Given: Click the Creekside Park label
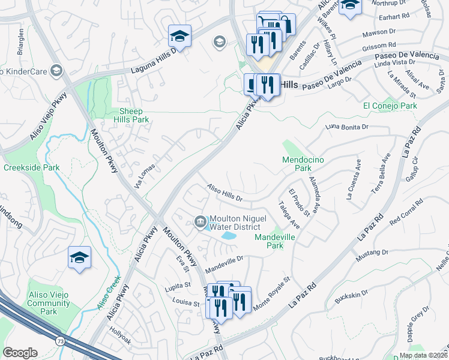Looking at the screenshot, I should coord(31,167).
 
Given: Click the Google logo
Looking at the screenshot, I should coord(20,352).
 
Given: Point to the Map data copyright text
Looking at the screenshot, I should coord(423,355).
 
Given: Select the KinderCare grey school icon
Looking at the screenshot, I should coord(56,71).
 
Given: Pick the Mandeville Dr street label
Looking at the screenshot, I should coord(223,260).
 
